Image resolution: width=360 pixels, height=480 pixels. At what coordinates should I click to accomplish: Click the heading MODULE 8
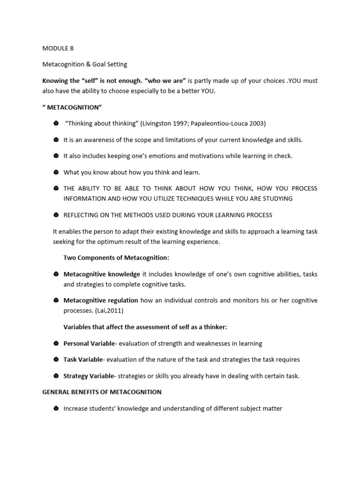(x=58, y=48)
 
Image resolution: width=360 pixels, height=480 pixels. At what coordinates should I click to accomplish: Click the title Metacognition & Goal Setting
(x=85, y=64)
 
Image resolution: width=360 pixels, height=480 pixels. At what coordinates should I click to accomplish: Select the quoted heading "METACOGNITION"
(x=72, y=107)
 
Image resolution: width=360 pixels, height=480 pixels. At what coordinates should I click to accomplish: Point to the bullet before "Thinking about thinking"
(x=55, y=123)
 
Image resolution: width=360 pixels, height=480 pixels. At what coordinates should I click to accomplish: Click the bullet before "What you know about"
(x=55, y=172)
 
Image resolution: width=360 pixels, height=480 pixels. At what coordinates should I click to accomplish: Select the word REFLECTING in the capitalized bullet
(x=82, y=215)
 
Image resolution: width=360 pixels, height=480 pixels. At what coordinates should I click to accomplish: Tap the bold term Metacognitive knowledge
(x=102, y=274)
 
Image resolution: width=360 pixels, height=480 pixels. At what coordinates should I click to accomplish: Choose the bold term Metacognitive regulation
(x=101, y=300)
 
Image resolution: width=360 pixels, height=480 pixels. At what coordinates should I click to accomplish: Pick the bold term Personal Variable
(x=89, y=344)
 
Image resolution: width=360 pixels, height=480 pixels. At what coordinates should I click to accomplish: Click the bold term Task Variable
(x=83, y=360)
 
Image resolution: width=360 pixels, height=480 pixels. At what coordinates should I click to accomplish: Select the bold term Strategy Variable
(x=89, y=376)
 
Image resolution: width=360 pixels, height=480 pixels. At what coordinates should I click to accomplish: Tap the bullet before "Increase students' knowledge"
(x=55, y=409)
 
